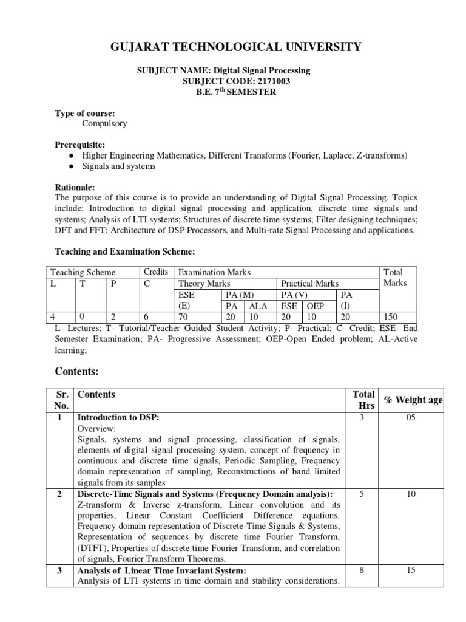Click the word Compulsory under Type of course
(x=104, y=123)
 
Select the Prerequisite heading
(x=81, y=145)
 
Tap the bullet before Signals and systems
(x=72, y=166)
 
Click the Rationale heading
(x=75, y=188)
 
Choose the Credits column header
(x=155, y=272)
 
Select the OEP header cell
(x=316, y=306)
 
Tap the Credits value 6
(x=146, y=316)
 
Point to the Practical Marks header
(x=310, y=284)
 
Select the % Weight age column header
(x=413, y=399)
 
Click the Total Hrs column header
(x=362, y=400)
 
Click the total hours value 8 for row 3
(x=361, y=570)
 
